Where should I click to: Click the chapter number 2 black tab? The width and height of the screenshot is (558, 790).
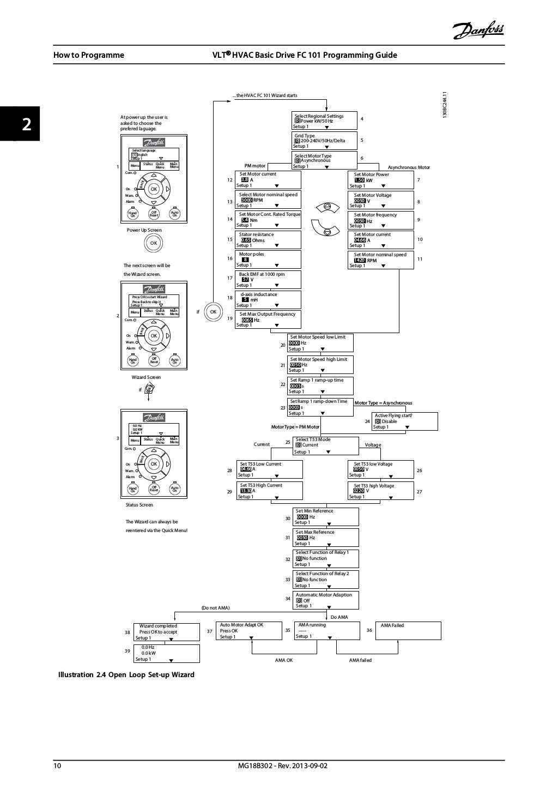(x=20, y=123)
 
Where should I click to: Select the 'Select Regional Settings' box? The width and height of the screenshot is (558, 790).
(x=325, y=121)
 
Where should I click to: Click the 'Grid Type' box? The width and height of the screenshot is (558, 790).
(x=325, y=141)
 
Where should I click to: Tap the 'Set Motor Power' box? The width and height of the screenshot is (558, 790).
(x=381, y=180)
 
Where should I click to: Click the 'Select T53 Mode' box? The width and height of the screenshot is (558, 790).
(x=326, y=445)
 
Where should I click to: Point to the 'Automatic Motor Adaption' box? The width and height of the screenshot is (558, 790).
(x=326, y=600)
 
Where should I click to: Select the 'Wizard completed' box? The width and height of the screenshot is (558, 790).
(x=167, y=632)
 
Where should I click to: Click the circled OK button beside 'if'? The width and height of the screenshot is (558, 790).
(x=214, y=311)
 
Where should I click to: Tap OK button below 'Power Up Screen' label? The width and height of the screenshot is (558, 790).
(x=154, y=243)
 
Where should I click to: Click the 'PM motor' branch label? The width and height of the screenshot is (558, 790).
(x=254, y=166)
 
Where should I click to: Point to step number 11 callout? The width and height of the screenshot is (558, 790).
(x=420, y=259)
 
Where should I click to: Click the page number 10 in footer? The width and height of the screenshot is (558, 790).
(x=57, y=765)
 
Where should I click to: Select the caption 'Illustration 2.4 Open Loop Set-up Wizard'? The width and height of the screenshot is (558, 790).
(x=126, y=674)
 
